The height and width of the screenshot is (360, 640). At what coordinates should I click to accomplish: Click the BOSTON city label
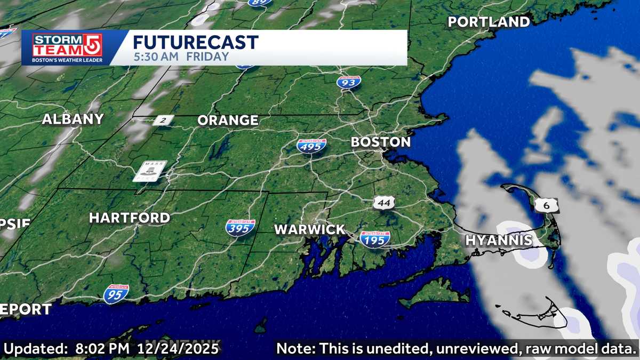tap(380, 142)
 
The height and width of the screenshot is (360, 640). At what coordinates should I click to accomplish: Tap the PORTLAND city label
tap(489, 22)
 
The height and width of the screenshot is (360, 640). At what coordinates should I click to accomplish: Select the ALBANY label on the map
tap(73, 119)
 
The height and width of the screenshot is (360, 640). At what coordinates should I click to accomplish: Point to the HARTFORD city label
tap(130, 218)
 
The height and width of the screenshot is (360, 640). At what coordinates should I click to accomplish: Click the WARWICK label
tap(310, 230)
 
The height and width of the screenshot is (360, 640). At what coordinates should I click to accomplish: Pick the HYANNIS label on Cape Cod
tap(499, 240)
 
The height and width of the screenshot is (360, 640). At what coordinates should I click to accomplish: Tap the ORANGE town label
tap(228, 121)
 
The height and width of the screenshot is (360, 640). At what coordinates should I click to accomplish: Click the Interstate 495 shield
tap(312, 146)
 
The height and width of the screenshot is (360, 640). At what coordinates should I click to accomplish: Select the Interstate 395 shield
tap(240, 228)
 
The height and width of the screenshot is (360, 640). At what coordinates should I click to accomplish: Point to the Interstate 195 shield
tap(374, 239)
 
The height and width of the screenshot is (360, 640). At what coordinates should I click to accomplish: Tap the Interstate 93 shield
tap(348, 82)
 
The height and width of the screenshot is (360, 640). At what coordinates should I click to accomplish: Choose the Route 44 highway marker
tap(384, 203)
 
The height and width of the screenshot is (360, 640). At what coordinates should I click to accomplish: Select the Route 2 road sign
tap(163, 121)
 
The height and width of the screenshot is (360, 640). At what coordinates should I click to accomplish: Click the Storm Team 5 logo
tap(67, 48)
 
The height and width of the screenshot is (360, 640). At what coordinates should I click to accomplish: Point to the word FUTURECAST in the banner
tap(195, 42)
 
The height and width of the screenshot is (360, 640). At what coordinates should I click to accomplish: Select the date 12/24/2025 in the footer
tap(179, 349)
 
